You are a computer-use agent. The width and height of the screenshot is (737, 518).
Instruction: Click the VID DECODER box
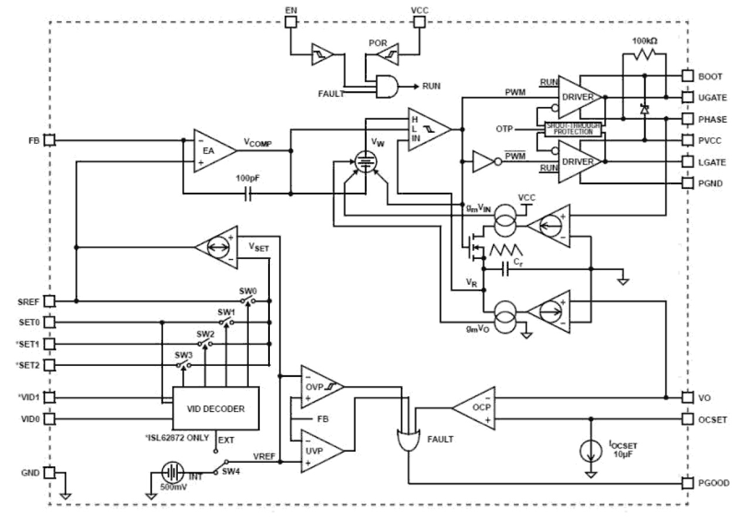215,408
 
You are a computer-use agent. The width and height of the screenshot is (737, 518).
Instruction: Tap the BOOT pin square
687,76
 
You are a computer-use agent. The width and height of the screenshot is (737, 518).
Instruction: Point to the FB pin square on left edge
50,140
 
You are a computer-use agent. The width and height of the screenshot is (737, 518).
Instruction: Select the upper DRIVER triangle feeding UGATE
578,97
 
